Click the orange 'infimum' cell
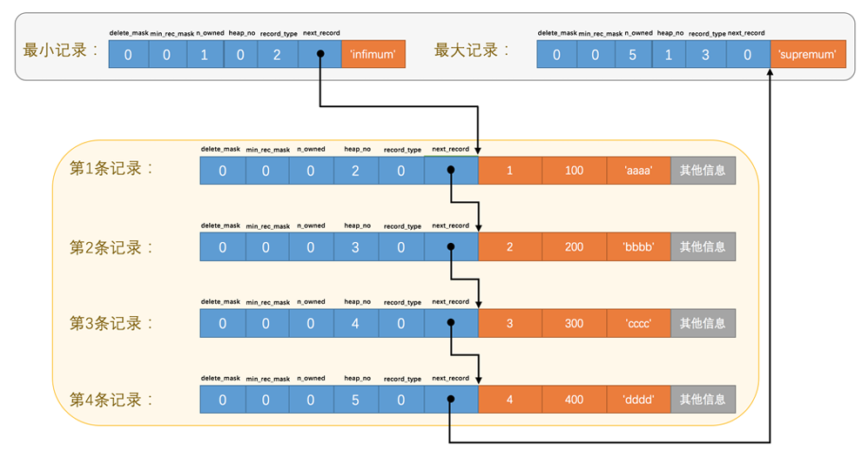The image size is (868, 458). click(x=373, y=54)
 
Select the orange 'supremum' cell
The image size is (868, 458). click(x=808, y=54)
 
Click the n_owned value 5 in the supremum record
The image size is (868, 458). click(x=633, y=54)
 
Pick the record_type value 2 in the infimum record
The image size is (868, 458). click(x=278, y=54)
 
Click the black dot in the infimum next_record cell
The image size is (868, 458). click(x=320, y=54)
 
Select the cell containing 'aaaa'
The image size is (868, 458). click(x=639, y=171)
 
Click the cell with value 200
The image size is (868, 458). click(x=575, y=247)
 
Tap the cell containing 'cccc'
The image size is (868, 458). click(x=639, y=323)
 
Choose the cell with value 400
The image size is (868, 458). click(x=575, y=400)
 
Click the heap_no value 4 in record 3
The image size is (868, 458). click(x=355, y=323)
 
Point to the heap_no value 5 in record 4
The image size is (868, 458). click(x=355, y=400)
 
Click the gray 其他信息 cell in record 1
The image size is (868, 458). click(x=703, y=171)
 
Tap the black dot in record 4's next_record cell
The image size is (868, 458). click(x=451, y=399)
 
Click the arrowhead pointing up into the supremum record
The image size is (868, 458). click(x=770, y=72)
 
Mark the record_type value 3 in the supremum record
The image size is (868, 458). click(x=706, y=54)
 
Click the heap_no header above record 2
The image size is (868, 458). click(x=358, y=226)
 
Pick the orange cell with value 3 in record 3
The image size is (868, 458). click(x=510, y=323)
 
